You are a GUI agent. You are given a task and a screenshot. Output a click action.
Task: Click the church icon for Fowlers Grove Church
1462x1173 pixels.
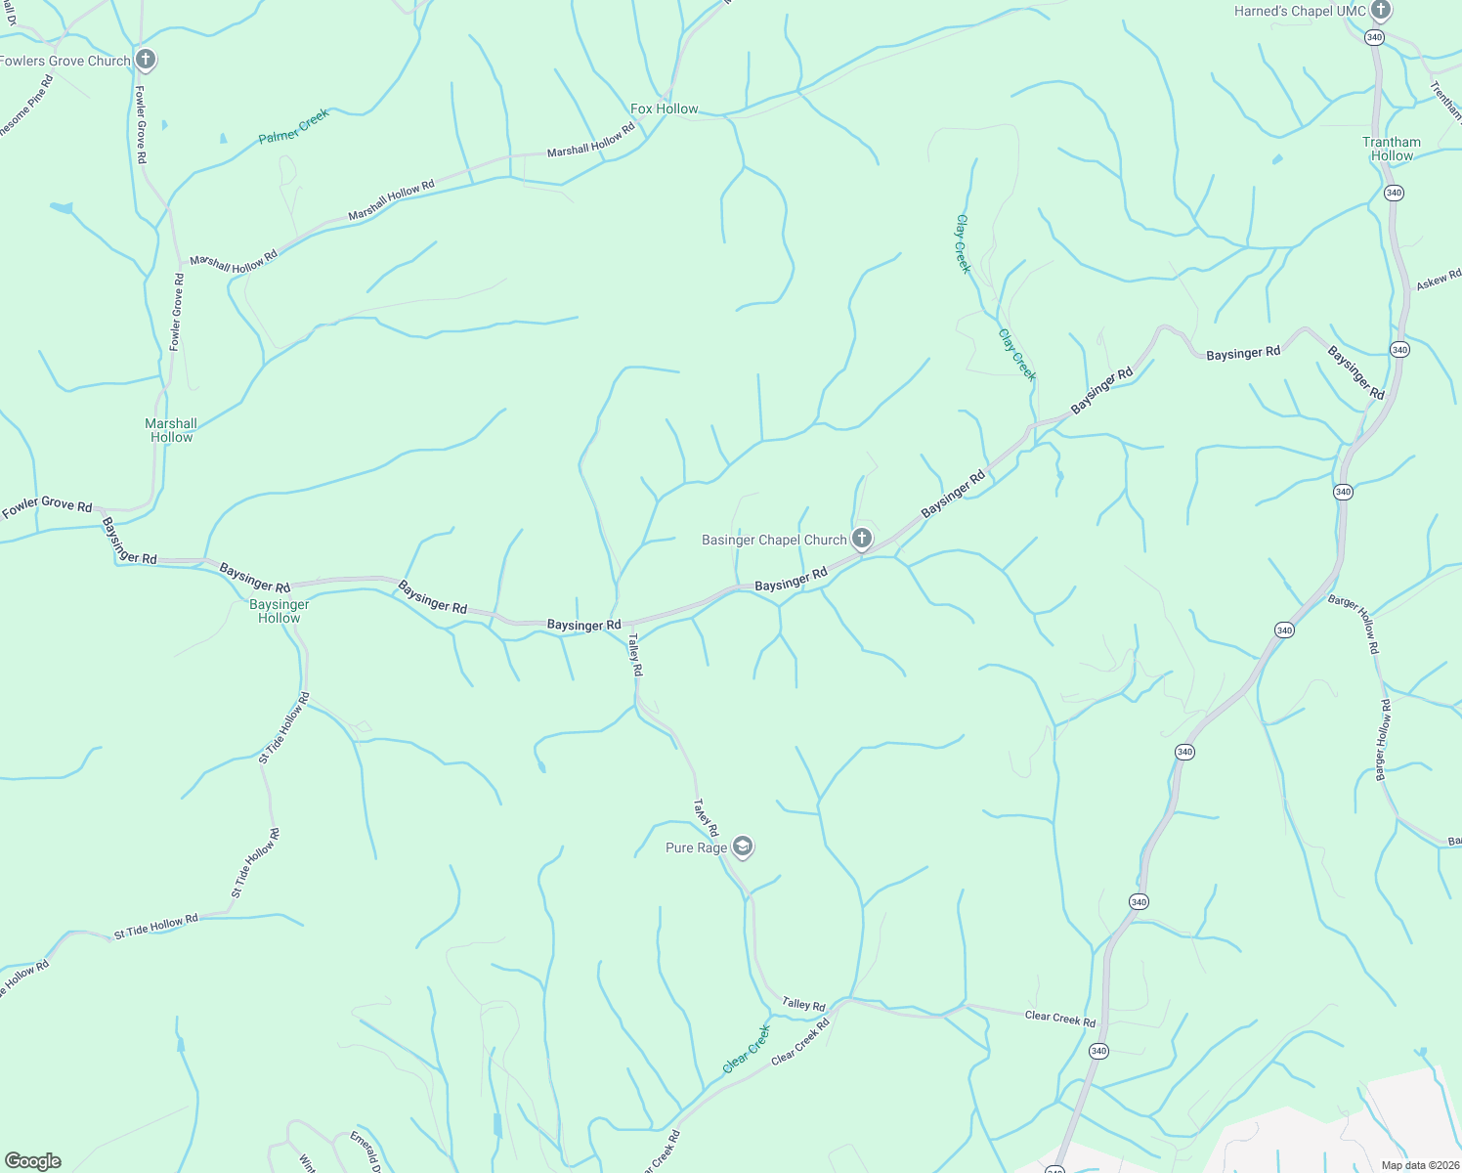tap(145, 60)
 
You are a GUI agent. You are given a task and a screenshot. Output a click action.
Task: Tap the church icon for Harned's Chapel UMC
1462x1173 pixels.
tap(1380, 11)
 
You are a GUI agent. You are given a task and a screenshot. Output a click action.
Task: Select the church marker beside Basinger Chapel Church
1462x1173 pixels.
tap(861, 539)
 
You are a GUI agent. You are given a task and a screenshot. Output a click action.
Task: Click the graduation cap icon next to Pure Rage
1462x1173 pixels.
tap(742, 847)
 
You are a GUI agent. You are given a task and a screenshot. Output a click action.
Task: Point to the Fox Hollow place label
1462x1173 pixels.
tap(664, 109)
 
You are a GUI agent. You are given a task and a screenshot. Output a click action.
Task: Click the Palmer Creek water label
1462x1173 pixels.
tap(294, 127)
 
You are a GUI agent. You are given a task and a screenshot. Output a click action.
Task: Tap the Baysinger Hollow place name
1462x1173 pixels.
tap(279, 611)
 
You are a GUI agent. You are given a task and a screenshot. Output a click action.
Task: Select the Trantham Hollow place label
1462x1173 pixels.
tap(1392, 149)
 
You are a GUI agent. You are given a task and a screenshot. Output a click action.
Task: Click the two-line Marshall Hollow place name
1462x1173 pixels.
tap(171, 430)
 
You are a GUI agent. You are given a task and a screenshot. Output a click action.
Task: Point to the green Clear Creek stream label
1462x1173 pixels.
tap(748, 1049)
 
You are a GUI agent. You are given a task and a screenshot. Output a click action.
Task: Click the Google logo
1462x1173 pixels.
tap(32, 1161)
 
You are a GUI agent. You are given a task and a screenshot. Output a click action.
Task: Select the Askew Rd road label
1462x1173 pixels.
tap(1439, 280)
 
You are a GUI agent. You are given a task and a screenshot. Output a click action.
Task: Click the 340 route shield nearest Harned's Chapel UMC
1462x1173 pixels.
tap(1375, 37)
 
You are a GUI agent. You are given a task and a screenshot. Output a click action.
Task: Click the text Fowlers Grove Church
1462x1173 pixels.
tap(65, 61)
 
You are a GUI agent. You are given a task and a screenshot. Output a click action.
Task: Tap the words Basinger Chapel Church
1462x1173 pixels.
tap(774, 540)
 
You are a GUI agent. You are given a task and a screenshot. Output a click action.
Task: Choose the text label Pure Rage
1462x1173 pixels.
tap(696, 847)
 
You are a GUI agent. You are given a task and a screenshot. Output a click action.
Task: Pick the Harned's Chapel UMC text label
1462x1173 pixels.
tap(1300, 11)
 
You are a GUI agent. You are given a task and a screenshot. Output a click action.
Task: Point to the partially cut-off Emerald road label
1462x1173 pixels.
tap(365, 1151)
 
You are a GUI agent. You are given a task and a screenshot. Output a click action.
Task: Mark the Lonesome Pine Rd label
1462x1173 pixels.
tap(26, 107)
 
